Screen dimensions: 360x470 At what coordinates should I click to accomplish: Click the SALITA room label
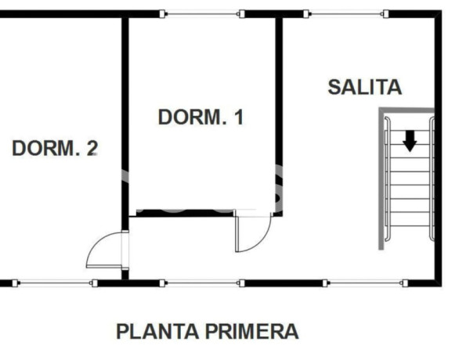(x=364, y=87)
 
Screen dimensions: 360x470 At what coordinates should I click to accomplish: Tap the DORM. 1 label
(x=201, y=117)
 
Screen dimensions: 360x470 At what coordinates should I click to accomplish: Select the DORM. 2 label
(x=55, y=148)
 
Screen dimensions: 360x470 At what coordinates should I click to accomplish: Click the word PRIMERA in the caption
(x=251, y=331)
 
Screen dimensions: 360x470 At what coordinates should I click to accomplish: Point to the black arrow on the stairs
(x=409, y=142)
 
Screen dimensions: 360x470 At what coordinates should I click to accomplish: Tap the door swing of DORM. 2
(x=104, y=250)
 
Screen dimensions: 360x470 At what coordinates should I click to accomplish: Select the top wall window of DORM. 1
(x=201, y=13)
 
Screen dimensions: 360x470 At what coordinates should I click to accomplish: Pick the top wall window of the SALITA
(x=345, y=13)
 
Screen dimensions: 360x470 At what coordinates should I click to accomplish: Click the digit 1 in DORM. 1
(x=239, y=117)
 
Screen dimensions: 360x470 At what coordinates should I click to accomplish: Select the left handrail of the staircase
(x=387, y=180)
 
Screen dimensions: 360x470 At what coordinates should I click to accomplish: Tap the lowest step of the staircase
(x=409, y=232)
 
